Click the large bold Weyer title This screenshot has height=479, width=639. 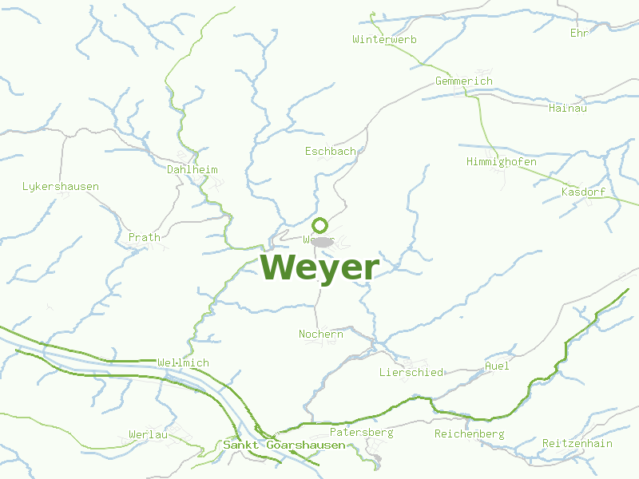[x=319, y=267]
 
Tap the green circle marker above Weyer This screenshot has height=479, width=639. [x=319, y=225]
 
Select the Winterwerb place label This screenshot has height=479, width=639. [x=385, y=39]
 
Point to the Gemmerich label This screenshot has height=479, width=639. [x=464, y=81]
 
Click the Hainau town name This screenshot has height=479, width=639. [x=568, y=108]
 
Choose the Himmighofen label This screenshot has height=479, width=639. [x=501, y=162]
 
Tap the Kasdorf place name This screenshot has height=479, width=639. [x=584, y=192]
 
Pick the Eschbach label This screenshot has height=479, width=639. [x=331, y=151]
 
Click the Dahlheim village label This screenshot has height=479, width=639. [x=192, y=170]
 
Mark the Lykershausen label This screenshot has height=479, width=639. [x=61, y=187]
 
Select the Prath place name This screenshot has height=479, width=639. [x=145, y=237]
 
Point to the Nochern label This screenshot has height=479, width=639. [x=321, y=335]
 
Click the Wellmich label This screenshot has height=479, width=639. [x=184, y=363]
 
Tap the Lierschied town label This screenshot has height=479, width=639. [x=411, y=373]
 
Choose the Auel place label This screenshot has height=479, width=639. [x=497, y=366]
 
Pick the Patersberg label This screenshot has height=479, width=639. [x=362, y=433]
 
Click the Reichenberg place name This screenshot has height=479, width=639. [x=470, y=434]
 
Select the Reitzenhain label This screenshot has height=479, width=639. [x=577, y=444]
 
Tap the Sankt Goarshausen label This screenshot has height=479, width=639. [x=284, y=445]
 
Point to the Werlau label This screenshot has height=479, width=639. [x=149, y=435]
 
